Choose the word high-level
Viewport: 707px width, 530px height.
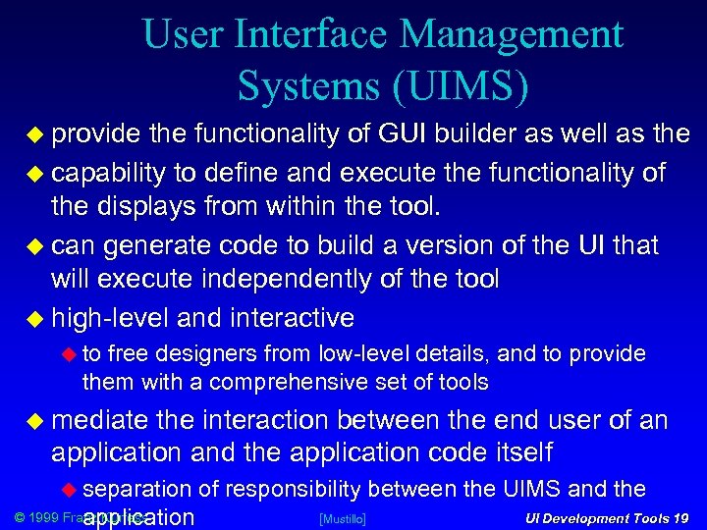click(x=111, y=318)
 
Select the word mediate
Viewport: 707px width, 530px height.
click(x=99, y=422)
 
